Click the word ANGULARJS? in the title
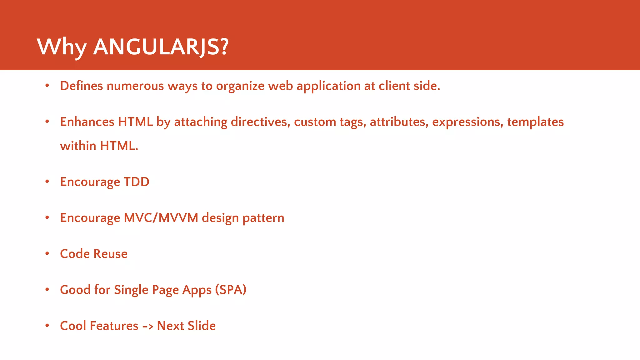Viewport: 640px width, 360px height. pos(161,47)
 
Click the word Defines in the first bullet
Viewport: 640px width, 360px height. pos(81,86)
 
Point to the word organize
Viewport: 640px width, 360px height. pos(240,86)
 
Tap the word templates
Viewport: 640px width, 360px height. pos(535,122)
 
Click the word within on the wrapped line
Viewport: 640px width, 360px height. pos(78,146)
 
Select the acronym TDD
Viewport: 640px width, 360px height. pos(137,182)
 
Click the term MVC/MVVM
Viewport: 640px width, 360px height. pos(161,218)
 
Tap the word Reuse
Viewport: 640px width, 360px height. pos(110,254)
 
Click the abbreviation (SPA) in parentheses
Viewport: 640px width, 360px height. pos(231,290)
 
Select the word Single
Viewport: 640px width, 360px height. pos(131,290)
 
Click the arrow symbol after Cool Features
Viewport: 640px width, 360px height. pos(147,326)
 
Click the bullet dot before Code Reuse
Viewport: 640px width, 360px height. pos(47,253)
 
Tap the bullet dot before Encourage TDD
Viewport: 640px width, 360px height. pos(47,181)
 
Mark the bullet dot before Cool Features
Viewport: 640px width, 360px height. pos(47,325)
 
